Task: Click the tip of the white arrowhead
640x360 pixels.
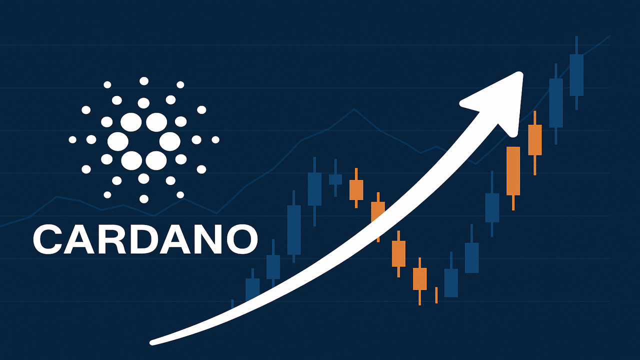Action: (521, 75)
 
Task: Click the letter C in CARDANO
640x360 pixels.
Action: (49, 238)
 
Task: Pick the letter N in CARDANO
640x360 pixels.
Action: (209, 238)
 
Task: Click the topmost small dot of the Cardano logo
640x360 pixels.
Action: (144, 81)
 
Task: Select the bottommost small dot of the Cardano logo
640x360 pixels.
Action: (144, 199)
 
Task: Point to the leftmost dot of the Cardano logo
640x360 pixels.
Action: (73, 140)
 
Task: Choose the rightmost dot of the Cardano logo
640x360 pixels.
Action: (215, 140)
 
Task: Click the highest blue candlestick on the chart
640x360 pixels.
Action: (576, 75)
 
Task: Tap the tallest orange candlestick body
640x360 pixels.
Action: (513, 170)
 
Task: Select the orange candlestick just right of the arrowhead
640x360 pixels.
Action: (535, 140)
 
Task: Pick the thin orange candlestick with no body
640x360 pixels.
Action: (436, 295)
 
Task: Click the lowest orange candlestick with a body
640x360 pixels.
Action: (420, 278)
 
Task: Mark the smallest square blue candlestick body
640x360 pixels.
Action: (335, 179)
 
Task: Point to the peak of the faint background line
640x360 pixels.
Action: (354, 109)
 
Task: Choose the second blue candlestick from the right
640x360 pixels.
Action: (556, 102)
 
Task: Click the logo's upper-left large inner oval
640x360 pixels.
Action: (131, 121)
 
